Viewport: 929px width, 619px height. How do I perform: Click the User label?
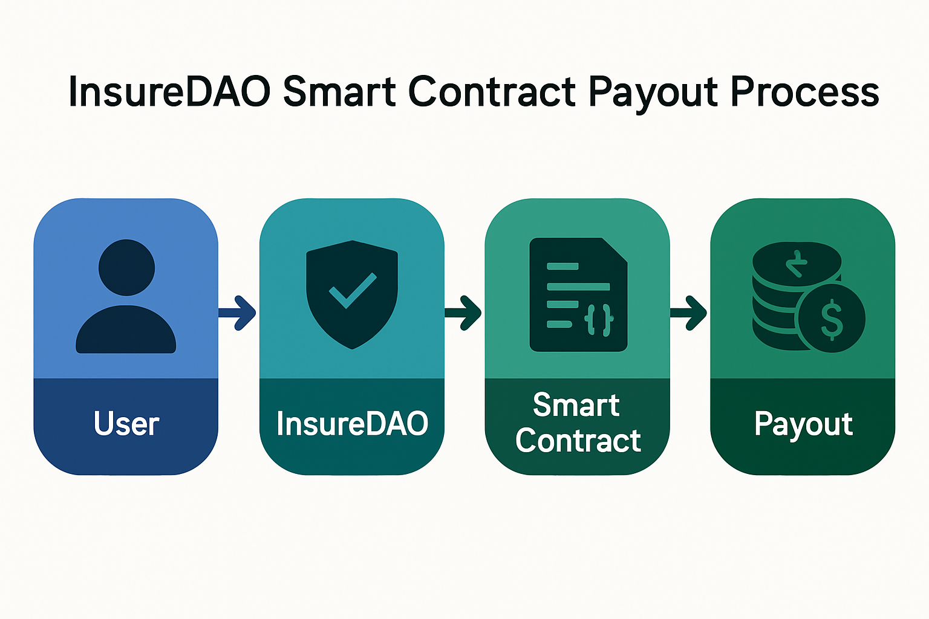point(126,423)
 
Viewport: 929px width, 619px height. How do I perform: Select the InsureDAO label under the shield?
point(352,423)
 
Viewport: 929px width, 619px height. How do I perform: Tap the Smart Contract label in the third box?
point(578,423)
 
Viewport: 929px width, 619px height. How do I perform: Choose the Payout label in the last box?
point(803,424)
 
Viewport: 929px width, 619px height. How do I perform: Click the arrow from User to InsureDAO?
point(238,313)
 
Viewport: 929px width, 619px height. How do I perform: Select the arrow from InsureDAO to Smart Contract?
point(464,313)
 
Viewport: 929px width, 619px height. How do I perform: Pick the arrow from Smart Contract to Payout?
point(689,313)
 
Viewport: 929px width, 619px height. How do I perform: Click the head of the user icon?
point(126,267)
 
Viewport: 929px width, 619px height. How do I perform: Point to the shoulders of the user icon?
point(126,331)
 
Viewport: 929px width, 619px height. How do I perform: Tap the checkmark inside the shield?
point(353,290)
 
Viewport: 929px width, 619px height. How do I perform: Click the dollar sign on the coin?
point(832,319)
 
